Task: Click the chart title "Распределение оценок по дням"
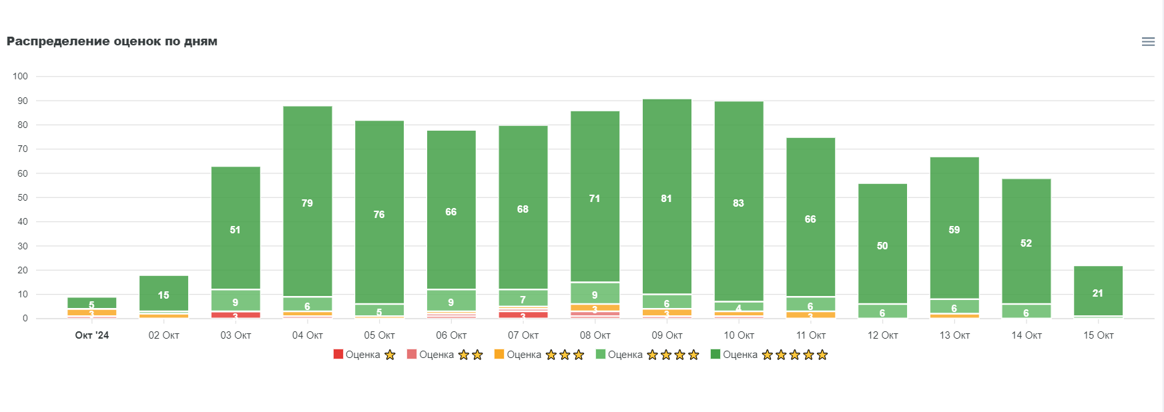click(112, 41)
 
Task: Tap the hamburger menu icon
click(1148, 41)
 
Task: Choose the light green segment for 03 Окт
click(235, 301)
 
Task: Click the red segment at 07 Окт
click(523, 315)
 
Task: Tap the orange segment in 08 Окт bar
click(595, 308)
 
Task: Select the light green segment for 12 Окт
click(882, 311)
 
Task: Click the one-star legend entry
click(364, 355)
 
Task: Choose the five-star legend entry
click(769, 355)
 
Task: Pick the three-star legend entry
click(539, 355)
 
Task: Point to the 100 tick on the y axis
click(20, 76)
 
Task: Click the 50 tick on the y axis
click(23, 197)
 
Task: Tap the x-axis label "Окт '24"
click(91, 335)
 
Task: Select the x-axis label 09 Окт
click(667, 335)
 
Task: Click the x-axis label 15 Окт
click(1098, 335)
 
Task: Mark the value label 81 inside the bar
click(666, 199)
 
